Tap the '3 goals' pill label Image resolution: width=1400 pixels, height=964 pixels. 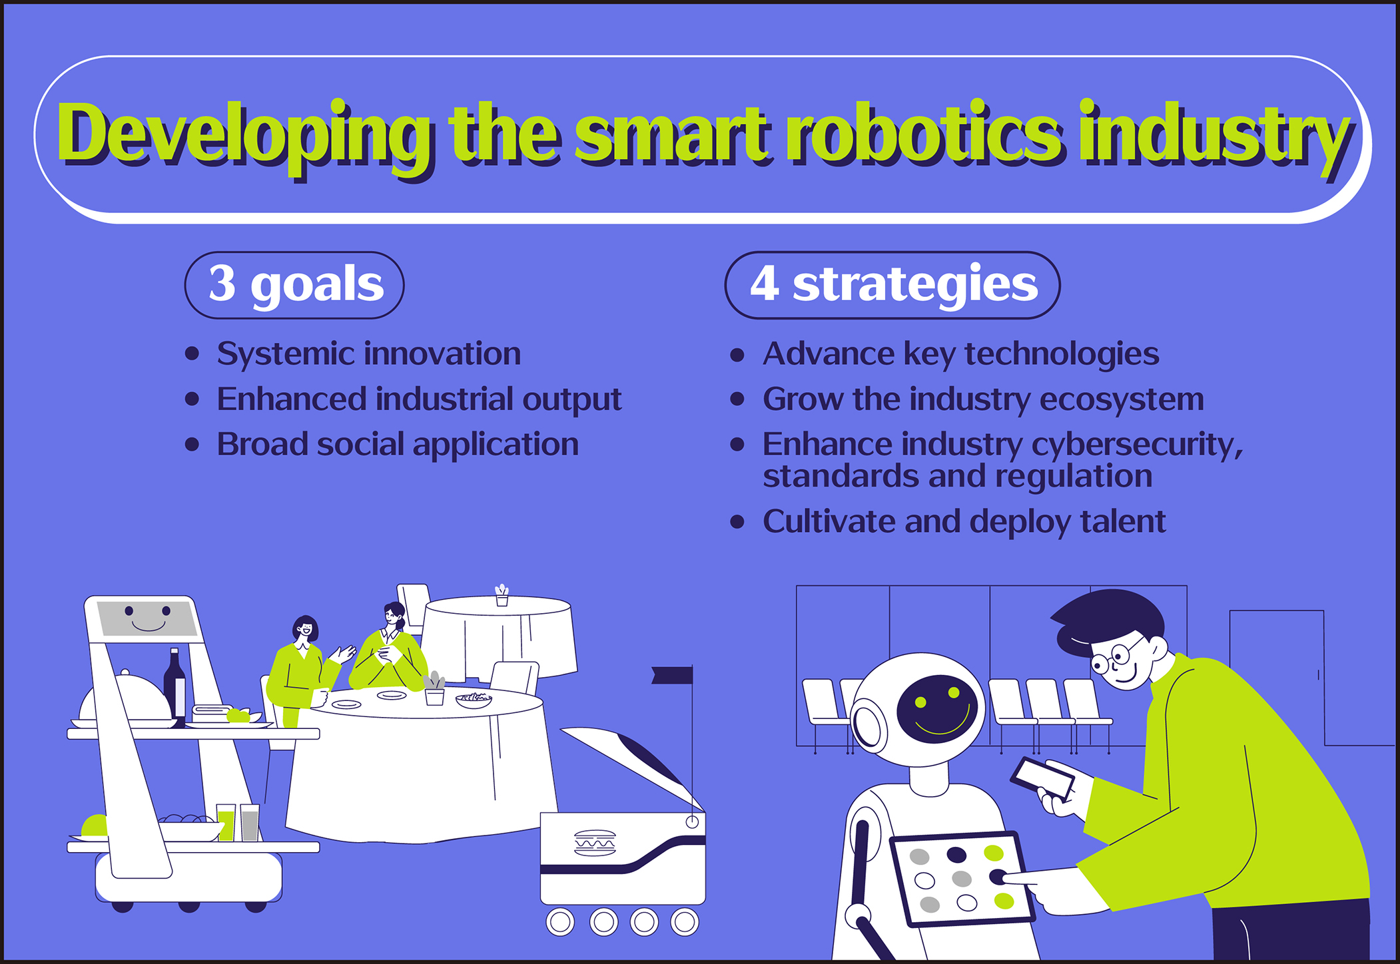tap(294, 285)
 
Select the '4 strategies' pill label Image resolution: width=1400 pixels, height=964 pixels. tap(892, 285)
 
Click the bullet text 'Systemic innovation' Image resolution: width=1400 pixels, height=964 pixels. tap(368, 354)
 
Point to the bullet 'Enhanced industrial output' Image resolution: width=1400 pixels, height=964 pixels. tap(419, 399)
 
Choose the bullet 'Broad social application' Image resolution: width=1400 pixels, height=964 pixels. tap(398, 444)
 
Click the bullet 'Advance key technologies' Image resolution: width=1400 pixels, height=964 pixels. tap(960, 354)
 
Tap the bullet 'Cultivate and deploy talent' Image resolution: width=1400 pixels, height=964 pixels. tap(964, 522)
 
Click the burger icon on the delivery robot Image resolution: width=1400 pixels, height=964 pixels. tap(594, 843)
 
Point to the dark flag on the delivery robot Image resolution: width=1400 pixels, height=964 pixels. tap(672, 675)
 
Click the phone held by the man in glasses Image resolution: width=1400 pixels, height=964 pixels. tap(1042, 777)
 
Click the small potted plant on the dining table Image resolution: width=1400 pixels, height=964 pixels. tap(434, 689)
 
